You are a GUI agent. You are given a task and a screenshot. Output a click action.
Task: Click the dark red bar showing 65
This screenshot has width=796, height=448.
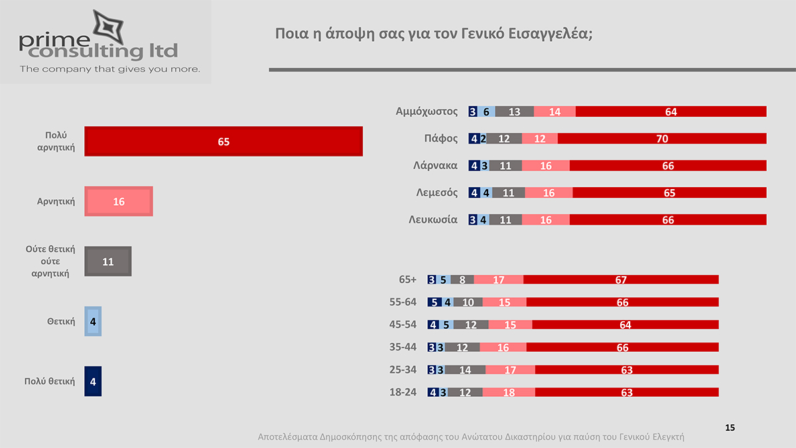[x=224, y=141]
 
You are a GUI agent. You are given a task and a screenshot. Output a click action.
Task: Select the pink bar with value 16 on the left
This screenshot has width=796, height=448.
[x=119, y=201]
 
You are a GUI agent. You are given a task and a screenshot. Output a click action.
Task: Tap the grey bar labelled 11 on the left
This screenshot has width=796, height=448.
[x=108, y=261]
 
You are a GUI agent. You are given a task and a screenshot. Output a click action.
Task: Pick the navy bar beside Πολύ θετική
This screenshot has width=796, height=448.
[x=93, y=382]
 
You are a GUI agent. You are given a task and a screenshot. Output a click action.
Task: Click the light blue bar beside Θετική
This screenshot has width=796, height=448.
[x=93, y=322]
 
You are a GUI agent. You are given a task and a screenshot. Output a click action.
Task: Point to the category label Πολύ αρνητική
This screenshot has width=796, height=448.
[x=56, y=141]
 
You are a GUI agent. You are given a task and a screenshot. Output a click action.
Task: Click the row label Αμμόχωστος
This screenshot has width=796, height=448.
[x=427, y=112]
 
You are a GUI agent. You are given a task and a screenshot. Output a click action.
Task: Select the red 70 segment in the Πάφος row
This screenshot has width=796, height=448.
[x=662, y=139]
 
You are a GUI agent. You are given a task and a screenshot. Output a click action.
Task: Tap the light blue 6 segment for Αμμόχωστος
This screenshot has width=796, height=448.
[x=486, y=112]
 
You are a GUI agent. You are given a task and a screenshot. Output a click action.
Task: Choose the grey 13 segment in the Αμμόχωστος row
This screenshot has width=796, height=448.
[x=514, y=112]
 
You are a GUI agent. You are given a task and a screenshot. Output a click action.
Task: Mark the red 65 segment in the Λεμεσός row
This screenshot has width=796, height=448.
[x=669, y=192]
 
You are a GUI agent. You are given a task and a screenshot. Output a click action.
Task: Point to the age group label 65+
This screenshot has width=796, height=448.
[x=407, y=279]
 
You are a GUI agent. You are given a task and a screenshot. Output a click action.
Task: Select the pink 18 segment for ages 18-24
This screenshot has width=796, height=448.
[x=509, y=392]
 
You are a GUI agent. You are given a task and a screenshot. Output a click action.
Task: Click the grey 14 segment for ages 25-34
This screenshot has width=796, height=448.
[x=465, y=370]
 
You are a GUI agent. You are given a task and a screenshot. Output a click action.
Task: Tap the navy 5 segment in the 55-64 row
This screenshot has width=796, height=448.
[x=434, y=302]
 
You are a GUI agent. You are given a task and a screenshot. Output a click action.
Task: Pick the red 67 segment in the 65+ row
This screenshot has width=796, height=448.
[x=621, y=279]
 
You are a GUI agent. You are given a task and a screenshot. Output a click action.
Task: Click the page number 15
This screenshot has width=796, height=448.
[x=730, y=427]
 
